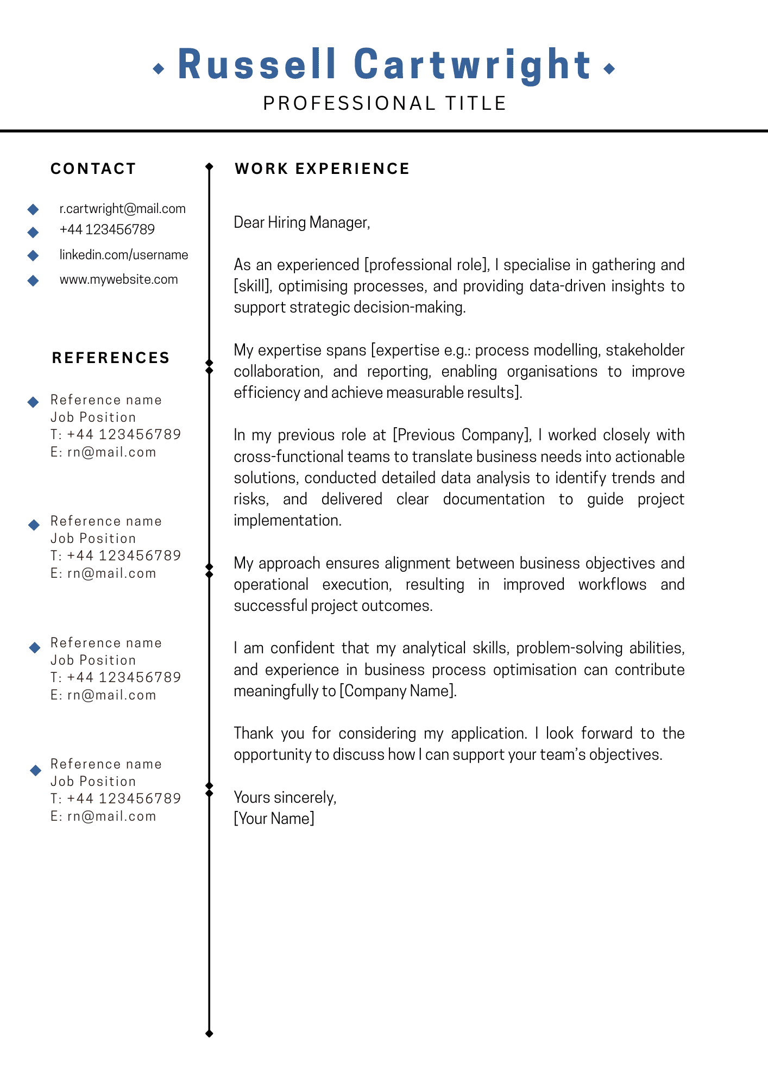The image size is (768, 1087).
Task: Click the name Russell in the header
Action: [257, 65]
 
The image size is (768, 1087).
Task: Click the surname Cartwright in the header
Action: [472, 65]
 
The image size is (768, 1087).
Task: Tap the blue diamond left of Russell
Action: [159, 68]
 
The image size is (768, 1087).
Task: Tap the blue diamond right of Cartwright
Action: [609, 68]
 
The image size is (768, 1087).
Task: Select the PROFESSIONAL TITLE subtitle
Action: [385, 103]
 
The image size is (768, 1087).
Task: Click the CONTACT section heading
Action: [93, 168]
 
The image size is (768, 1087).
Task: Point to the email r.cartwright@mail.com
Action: [122, 209]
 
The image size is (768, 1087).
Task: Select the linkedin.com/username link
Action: [124, 255]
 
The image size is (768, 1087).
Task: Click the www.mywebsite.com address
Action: [118, 279]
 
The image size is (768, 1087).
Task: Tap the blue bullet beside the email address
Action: [33, 209]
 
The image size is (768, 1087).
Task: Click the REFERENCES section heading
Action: [111, 358]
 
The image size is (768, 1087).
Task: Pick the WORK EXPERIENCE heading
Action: [322, 168]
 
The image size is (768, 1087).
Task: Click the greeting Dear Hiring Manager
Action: [301, 222]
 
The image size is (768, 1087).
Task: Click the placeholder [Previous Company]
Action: [462, 435]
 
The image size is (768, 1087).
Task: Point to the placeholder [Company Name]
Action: [398, 691]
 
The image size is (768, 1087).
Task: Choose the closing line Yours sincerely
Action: [285, 797]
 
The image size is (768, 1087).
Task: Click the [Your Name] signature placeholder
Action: [274, 819]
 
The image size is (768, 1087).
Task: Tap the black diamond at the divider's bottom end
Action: [210, 1034]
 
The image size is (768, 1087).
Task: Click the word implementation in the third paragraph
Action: [287, 520]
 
